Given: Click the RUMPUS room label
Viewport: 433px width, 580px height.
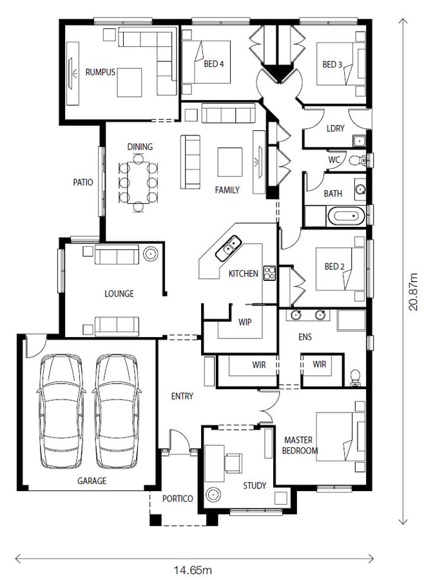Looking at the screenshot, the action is (x=101, y=72).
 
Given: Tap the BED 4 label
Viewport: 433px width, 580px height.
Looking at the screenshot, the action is (x=214, y=64).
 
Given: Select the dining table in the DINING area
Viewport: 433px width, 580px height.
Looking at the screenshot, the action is (x=139, y=183).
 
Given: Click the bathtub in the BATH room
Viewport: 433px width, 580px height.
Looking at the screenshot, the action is (x=345, y=216).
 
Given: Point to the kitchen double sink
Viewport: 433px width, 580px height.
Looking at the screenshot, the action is (x=229, y=248).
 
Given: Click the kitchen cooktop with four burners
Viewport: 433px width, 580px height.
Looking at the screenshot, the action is (x=269, y=273).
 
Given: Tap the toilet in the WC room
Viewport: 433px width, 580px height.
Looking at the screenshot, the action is (x=357, y=160).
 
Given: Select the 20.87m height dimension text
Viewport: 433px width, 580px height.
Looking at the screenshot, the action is (x=413, y=292).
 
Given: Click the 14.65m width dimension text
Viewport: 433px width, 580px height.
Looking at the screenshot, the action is (x=193, y=570).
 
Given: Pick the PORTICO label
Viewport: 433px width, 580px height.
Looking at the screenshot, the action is (x=177, y=499).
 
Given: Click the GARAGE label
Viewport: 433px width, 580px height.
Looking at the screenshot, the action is (x=91, y=481).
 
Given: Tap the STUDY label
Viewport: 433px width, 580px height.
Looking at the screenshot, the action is (x=255, y=485).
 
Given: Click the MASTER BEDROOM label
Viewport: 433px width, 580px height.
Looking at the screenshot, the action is (x=300, y=445).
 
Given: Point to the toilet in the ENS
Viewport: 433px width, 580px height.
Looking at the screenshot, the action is (x=355, y=378).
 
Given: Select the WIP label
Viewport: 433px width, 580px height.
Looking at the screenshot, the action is (x=245, y=322).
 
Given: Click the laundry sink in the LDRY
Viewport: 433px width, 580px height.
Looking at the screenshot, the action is (x=359, y=140).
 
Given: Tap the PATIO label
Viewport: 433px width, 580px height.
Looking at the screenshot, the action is (x=83, y=182).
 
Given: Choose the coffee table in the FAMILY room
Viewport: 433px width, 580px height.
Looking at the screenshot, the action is (x=229, y=162).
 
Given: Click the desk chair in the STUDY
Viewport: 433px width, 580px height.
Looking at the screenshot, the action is (x=234, y=463).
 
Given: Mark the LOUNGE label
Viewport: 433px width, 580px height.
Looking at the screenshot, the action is (x=119, y=294).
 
